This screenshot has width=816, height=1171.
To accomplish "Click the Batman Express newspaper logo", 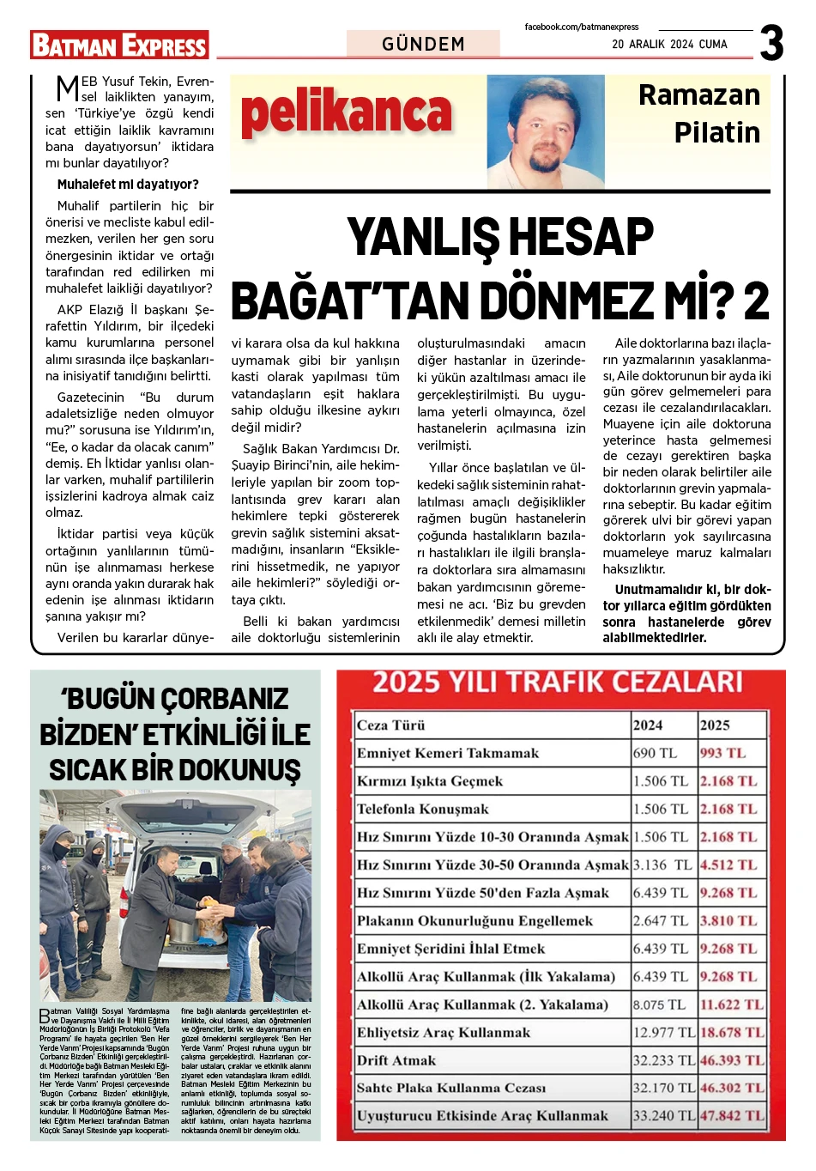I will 119,45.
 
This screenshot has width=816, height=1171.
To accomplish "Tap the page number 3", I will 771,43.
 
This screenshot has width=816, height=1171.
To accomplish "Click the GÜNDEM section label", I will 423,44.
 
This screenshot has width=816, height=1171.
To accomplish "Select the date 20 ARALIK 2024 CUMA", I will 669,45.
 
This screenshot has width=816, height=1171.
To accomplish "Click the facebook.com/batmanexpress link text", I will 582,27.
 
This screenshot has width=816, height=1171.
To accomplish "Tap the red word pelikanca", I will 346,114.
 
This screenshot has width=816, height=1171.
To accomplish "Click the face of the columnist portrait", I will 543,129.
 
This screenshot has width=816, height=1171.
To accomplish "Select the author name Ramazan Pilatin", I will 699,113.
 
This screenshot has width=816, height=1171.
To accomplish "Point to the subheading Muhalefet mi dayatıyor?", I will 128,185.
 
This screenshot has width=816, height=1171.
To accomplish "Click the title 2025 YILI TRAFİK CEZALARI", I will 557,683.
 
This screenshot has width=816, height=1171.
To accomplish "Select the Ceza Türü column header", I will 391,725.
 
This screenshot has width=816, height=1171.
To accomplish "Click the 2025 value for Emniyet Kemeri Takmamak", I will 722,753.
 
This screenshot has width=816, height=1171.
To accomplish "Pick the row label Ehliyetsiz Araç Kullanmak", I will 444,1033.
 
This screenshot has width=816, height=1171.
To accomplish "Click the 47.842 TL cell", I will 731,1116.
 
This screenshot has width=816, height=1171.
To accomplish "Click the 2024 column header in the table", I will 648,725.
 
